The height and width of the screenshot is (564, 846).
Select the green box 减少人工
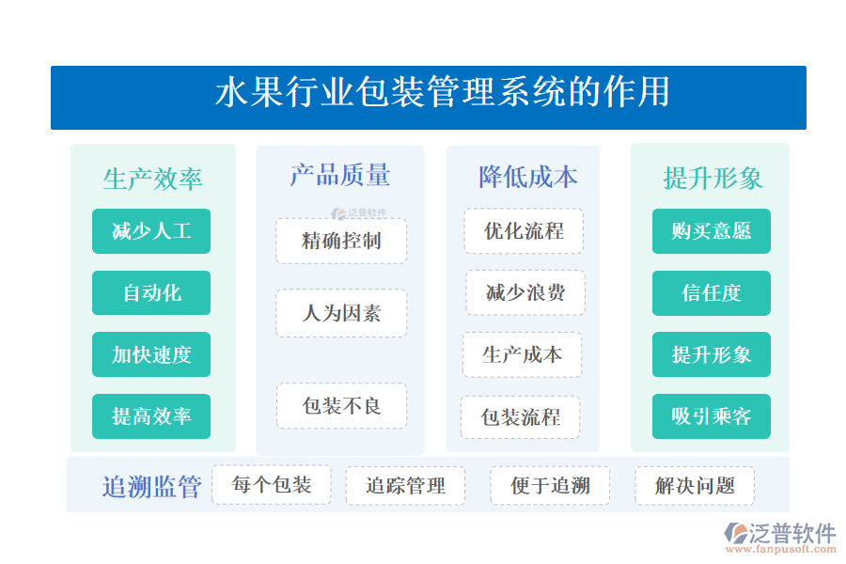[151, 231]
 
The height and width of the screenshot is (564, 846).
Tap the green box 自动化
[151, 292]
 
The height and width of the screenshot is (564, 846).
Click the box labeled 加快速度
[151, 354]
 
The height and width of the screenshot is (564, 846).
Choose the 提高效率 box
[151, 416]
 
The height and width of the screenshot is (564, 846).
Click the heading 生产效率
[152, 179]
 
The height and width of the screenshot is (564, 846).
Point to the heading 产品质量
[339, 175]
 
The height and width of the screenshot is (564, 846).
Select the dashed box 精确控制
[341, 241]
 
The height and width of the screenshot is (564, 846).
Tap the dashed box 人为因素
[341, 313]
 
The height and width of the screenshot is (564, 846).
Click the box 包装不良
[341, 406]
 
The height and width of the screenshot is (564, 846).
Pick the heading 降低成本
[527, 177]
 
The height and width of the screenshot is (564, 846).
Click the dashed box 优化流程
[524, 231]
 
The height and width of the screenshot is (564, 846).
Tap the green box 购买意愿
[712, 231]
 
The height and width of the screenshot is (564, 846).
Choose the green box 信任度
[712, 292]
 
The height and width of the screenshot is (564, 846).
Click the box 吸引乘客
[712, 416]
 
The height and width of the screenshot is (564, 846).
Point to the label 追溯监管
[151, 487]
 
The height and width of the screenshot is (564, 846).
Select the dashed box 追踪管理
[405, 486]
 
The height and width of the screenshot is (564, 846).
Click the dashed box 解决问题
[695, 486]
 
